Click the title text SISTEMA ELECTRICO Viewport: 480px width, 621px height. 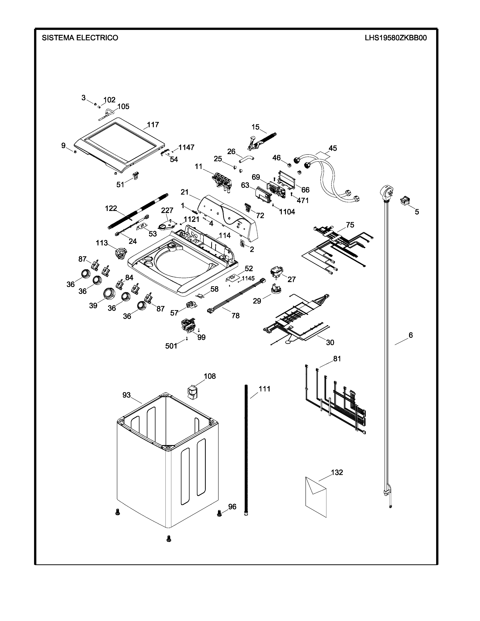pos(80,38)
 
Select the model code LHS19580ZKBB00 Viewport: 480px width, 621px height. pos(396,38)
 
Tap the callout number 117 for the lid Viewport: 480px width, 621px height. pos(153,125)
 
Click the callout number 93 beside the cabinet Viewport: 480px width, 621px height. pos(126,395)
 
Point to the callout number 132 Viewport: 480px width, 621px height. pos(337,472)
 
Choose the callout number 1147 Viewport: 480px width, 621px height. pos(186,147)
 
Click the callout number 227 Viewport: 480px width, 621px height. pos(167,210)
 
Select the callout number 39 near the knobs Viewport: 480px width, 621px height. pos(93,306)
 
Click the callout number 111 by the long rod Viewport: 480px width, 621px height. pos(264,389)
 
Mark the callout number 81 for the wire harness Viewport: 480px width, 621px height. pos(337,359)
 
